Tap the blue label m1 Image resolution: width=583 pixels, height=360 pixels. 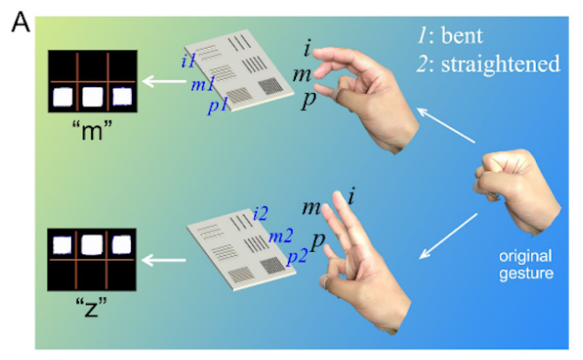tap(202, 84)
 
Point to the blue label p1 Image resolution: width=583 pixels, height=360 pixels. tap(219, 107)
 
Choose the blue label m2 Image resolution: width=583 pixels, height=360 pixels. tap(280, 236)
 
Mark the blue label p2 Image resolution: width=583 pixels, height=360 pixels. tap(296, 257)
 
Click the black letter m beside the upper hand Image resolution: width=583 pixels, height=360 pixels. tap(303, 74)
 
